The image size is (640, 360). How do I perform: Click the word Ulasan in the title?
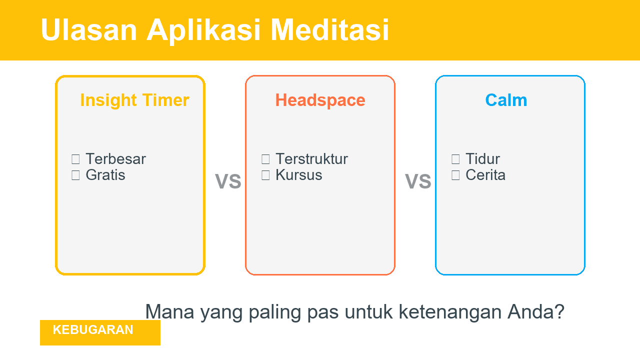tap(88, 29)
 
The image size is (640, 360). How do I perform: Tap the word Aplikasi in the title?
tap(203, 29)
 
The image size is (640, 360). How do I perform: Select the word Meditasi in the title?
tap(330, 29)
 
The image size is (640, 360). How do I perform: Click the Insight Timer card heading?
tap(134, 100)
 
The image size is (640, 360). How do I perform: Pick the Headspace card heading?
tap(320, 100)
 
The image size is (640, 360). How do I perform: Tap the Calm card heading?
tap(506, 100)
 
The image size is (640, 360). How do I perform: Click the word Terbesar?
tap(115, 159)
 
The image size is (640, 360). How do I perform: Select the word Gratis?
tap(105, 175)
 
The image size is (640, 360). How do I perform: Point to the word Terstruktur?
tap(311, 159)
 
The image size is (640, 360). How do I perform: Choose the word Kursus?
tap(298, 175)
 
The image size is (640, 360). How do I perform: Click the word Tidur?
tap(482, 159)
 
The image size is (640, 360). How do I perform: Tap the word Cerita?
tap(485, 175)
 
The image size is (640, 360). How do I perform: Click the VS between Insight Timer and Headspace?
tap(228, 181)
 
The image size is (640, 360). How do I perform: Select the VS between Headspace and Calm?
tap(418, 181)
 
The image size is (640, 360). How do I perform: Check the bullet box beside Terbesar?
tap(75, 159)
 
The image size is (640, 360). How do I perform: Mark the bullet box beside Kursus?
tap(265, 175)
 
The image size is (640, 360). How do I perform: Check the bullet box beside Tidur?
tap(455, 159)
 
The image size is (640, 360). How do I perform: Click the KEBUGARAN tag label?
tap(93, 330)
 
